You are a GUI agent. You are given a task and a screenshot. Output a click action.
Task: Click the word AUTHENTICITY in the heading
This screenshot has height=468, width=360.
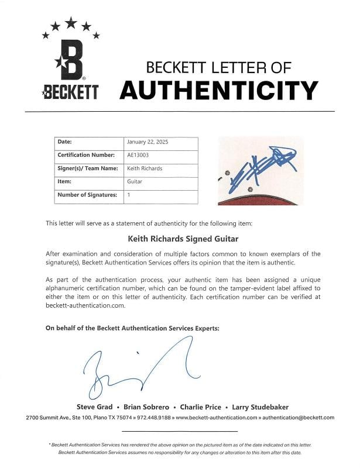[218, 90]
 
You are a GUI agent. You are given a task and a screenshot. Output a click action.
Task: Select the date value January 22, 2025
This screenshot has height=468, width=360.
[148, 142]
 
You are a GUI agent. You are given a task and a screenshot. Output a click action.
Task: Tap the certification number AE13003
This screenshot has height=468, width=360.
[136, 155]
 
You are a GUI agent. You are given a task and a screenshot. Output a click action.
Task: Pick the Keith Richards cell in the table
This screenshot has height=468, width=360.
[145, 168]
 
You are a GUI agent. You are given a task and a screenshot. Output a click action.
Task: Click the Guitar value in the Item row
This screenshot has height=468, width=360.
[135, 181]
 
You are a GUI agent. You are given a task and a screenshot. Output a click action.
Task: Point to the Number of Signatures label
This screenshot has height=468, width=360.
[87, 195]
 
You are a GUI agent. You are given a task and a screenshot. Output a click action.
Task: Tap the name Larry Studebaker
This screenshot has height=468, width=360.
[260, 407]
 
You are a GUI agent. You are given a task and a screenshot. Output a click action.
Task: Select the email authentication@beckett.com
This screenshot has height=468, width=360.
[299, 418]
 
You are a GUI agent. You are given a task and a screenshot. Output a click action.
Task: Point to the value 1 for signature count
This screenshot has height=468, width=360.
[129, 195]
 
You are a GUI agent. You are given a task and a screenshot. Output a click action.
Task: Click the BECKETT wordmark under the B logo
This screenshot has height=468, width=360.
[70, 92]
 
